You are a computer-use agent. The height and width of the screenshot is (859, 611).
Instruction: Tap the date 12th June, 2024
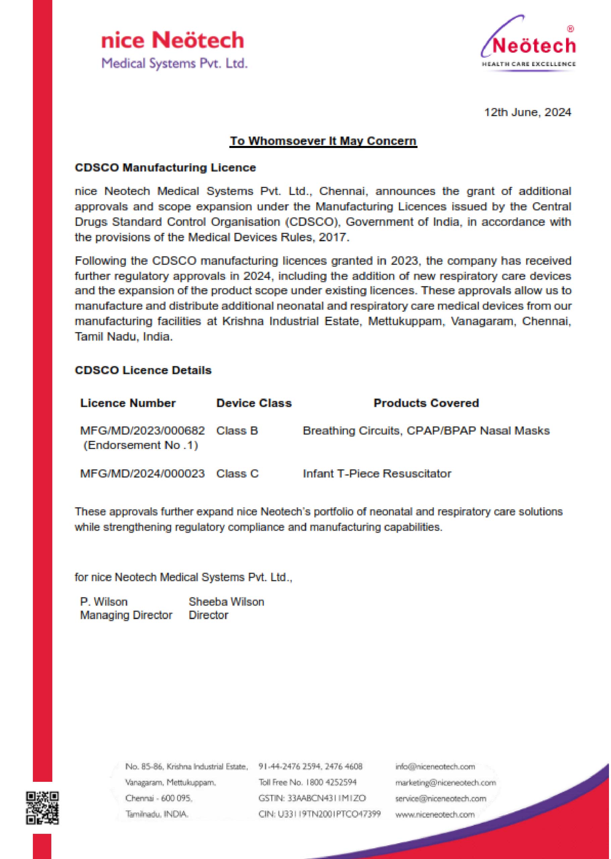[x=527, y=112]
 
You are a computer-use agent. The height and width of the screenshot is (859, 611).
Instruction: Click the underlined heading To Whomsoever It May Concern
[x=323, y=141]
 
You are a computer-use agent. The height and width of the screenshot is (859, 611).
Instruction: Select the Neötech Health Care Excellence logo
[x=528, y=44]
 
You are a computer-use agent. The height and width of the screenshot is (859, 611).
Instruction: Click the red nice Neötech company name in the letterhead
[x=173, y=41]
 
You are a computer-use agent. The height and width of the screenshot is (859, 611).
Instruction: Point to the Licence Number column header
[x=128, y=403]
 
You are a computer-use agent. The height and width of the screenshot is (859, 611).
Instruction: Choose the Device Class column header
[x=254, y=403]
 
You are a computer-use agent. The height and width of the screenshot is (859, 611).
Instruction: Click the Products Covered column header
[x=426, y=403]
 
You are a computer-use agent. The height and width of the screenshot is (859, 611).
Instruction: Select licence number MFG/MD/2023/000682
[x=142, y=430]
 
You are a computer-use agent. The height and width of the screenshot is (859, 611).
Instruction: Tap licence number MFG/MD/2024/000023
[x=142, y=473]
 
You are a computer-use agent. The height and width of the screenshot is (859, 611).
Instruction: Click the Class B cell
[x=237, y=430]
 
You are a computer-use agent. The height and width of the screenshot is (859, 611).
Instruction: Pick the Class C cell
[x=237, y=473]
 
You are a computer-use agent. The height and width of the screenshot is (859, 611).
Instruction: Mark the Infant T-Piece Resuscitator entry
[x=377, y=473]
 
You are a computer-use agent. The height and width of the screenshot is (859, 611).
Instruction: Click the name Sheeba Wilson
[x=226, y=602]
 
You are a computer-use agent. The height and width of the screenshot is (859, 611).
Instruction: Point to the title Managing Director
[x=126, y=615]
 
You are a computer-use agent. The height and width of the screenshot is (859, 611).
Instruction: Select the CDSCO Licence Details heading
[x=143, y=370]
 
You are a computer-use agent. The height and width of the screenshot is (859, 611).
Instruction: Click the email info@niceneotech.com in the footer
[x=435, y=767]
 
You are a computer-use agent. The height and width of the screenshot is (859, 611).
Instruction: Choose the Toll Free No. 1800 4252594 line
[x=308, y=782]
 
